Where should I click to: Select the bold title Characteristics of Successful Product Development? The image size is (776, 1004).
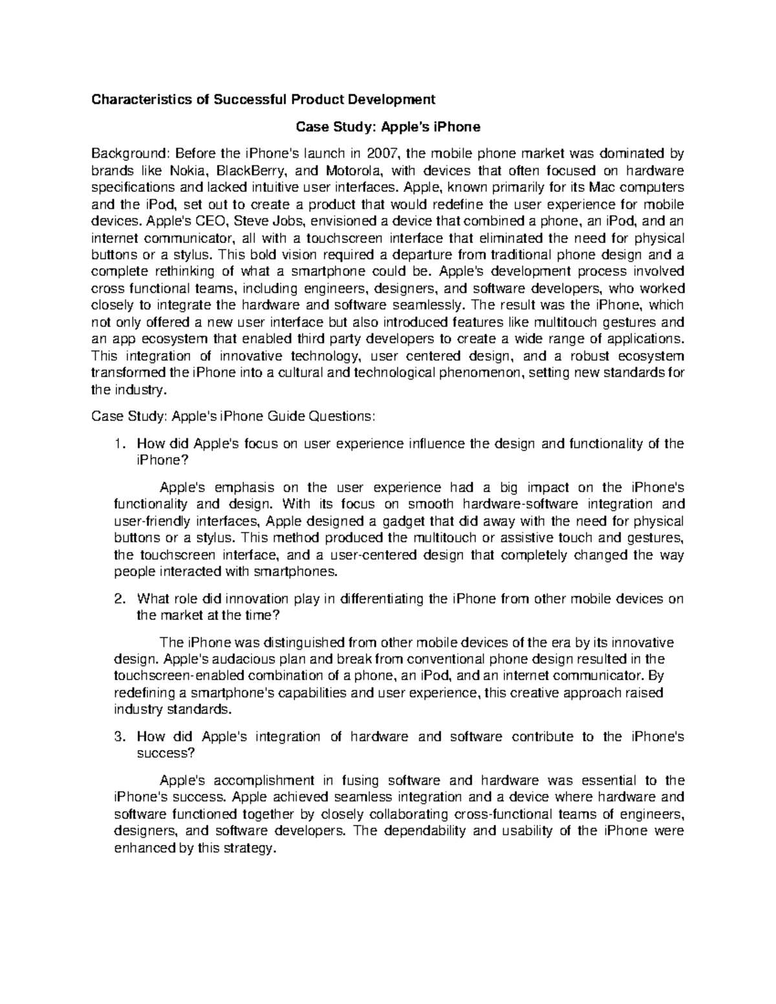pos(263,100)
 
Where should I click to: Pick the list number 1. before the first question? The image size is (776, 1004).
pos(118,443)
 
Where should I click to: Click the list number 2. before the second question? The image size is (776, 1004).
pos(118,599)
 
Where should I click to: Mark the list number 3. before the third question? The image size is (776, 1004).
pos(118,737)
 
